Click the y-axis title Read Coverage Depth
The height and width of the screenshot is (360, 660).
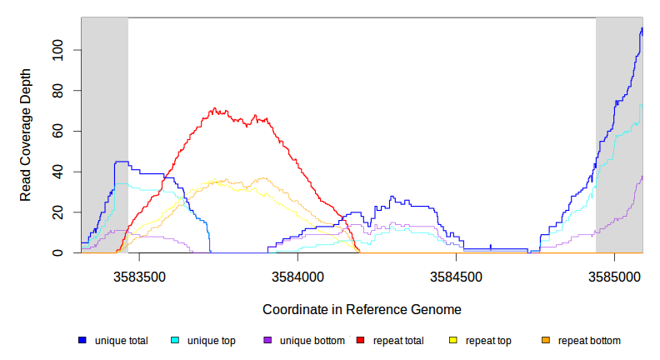[x=27, y=135]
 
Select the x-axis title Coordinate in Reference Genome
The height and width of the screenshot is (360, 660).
[x=362, y=309]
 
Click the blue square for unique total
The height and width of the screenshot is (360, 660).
[x=82, y=341]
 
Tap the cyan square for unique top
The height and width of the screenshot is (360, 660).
[x=175, y=341]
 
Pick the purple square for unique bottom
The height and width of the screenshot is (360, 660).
[x=267, y=341]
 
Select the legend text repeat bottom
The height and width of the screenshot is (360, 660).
[x=589, y=341]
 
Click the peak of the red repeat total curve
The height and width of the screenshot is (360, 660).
[x=214, y=108]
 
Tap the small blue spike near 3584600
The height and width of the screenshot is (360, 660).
[x=491, y=246]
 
